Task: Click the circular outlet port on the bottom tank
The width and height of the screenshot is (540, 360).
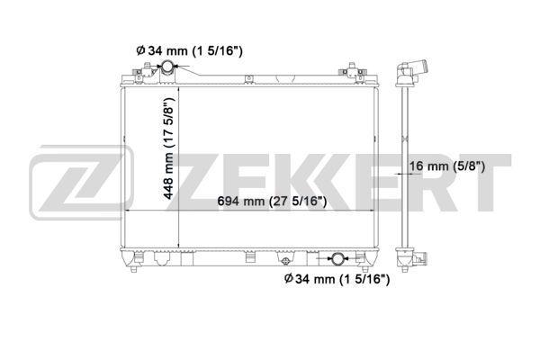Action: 337,259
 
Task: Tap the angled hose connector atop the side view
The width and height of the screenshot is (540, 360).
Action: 414,71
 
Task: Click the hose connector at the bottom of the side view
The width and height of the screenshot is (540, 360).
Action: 419,261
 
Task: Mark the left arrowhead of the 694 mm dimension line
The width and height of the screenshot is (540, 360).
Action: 126,210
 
